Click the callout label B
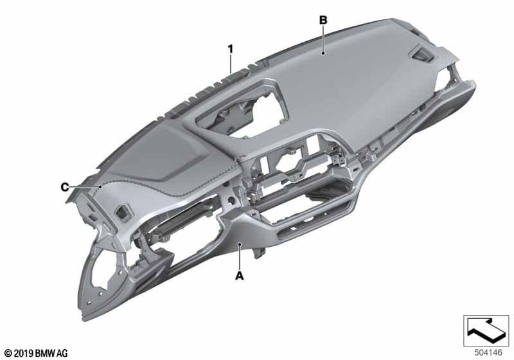[323, 21]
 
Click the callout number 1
[231, 50]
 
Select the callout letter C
[65, 187]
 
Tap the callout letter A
[240, 276]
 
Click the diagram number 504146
[488, 352]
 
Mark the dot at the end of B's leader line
[323, 53]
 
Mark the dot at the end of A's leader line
[240, 244]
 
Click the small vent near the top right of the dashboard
[422, 54]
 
